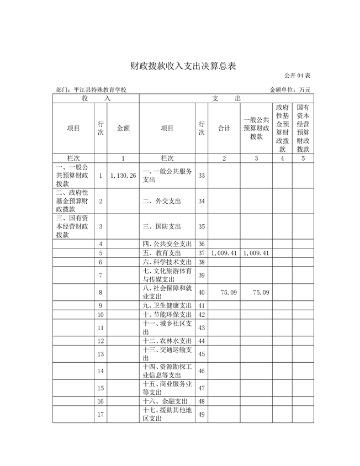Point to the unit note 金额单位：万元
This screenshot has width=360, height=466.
point(290,89)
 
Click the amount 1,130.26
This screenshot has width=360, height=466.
point(123,175)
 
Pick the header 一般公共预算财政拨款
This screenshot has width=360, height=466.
point(256,128)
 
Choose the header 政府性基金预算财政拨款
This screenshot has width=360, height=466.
point(282,128)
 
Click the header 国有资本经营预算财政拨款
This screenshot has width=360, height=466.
point(303,128)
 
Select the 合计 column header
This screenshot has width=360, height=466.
point(224,128)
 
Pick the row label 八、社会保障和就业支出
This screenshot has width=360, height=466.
point(167,292)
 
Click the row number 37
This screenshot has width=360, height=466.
point(202,253)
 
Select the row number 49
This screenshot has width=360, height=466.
point(202,414)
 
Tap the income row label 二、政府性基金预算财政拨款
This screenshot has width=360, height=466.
point(73,201)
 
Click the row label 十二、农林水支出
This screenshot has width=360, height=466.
point(167,341)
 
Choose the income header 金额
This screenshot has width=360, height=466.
point(123,128)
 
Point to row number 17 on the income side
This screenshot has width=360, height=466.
point(101,414)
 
